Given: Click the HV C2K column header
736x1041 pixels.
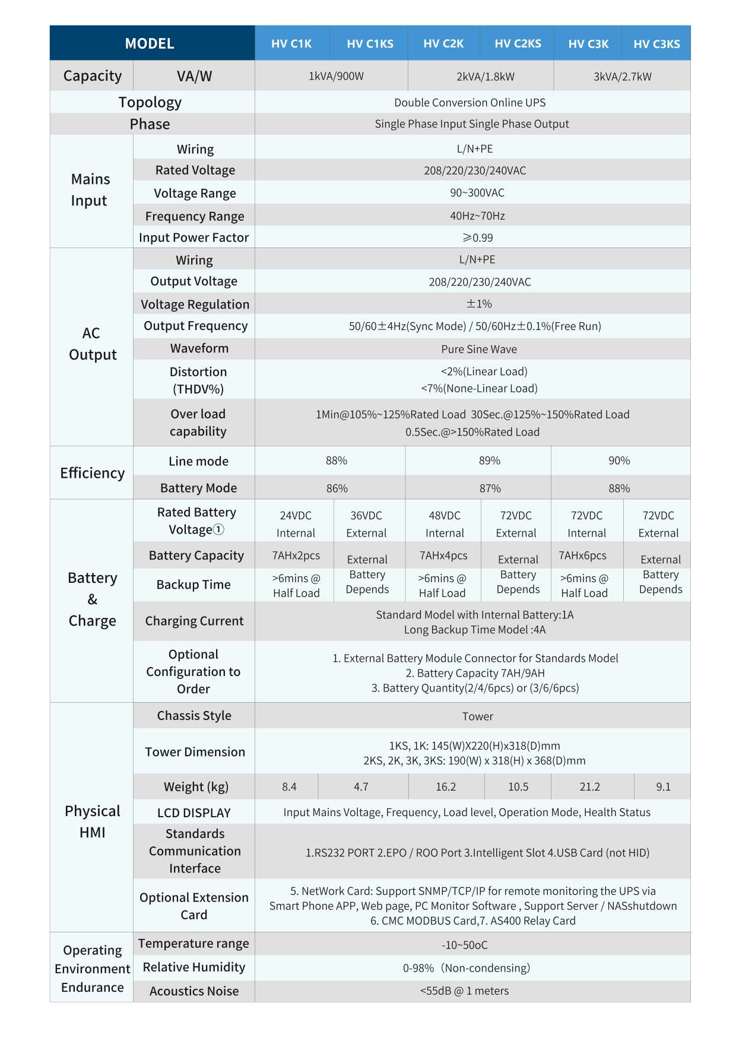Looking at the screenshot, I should coord(443,43).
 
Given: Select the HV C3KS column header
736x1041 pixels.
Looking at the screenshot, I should coord(656,44).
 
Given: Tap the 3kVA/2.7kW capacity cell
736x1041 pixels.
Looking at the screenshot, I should coord(622,77).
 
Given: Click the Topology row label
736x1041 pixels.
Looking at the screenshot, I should coord(150,102).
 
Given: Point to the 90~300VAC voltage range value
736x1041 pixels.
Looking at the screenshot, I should coord(477,193).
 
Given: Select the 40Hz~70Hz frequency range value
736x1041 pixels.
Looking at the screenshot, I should coord(477,215).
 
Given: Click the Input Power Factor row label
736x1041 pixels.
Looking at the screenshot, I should coord(194,237).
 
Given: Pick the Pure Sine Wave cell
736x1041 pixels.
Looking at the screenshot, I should coord(479,349).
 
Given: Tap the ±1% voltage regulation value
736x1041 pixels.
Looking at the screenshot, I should coord(479,304).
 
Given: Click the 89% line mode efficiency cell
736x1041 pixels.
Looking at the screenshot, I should coord(490,461).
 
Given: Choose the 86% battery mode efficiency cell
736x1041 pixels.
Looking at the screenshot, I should coord(337,488).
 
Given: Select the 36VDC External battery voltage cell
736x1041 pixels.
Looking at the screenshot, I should coord(366,524).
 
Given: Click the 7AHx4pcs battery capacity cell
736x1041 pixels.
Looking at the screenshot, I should coord(443,556).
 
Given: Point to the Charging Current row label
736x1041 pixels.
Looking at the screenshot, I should coord(194,621).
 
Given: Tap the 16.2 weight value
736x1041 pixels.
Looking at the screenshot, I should coord(446,787).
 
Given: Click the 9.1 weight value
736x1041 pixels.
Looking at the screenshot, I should coord(663,787).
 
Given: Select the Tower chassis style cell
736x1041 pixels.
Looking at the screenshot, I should coord(478,716).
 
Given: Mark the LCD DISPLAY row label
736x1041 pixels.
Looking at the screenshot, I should coord(194,813).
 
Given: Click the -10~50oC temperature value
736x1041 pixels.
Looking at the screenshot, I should coord(465,945).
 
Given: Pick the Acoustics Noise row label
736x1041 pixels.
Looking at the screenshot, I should coord(194,991).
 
